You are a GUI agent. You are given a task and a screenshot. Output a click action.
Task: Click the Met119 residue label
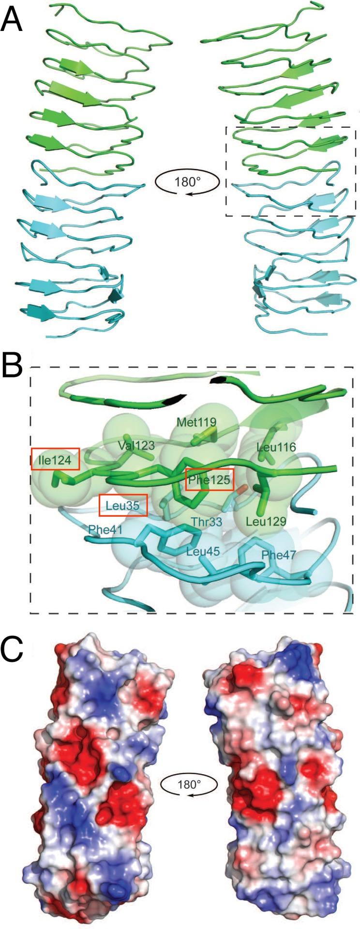(x=196, y=421)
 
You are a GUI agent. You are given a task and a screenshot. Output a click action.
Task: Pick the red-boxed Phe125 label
(x=210, y=480)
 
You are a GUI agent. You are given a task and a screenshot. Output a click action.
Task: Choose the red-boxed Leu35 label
(x=123, y=506)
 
